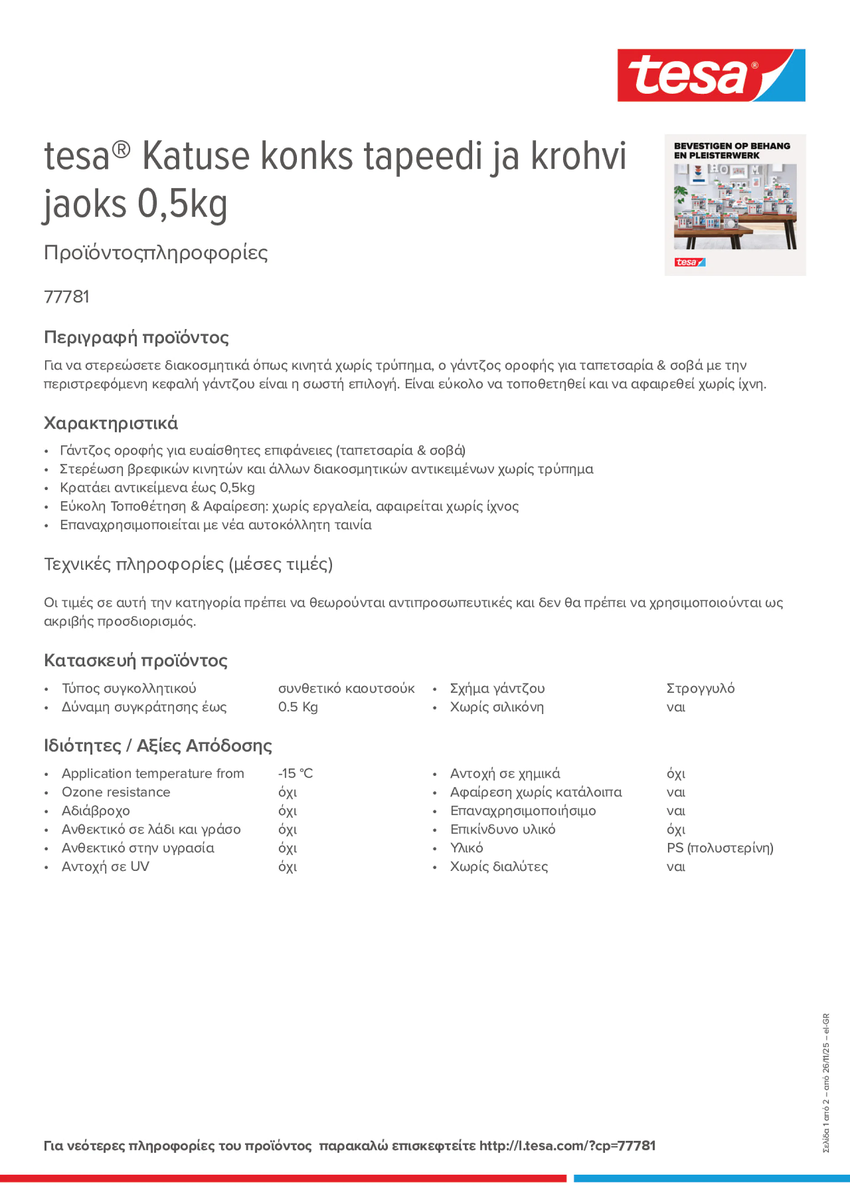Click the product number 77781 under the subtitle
[x=67, y=297]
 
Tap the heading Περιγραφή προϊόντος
[x=136, y=337]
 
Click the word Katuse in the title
[x=196, y=157]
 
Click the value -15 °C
[x=295, y=774]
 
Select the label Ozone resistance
[x=116, y=792]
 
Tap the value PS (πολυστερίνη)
[x=720, y=848]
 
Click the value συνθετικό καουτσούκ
[x=346, y=688]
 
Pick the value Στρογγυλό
[x=700, y=688]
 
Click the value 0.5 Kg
[x=298, y=707]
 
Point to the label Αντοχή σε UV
[x=105, y=866]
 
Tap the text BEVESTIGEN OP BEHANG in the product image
[x=732, y=146]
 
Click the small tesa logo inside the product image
[x=690, y=262]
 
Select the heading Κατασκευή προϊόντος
[x=136, y=660]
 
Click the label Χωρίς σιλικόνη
[x=497, y=707]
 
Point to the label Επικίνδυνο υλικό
[x=503, y=829]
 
